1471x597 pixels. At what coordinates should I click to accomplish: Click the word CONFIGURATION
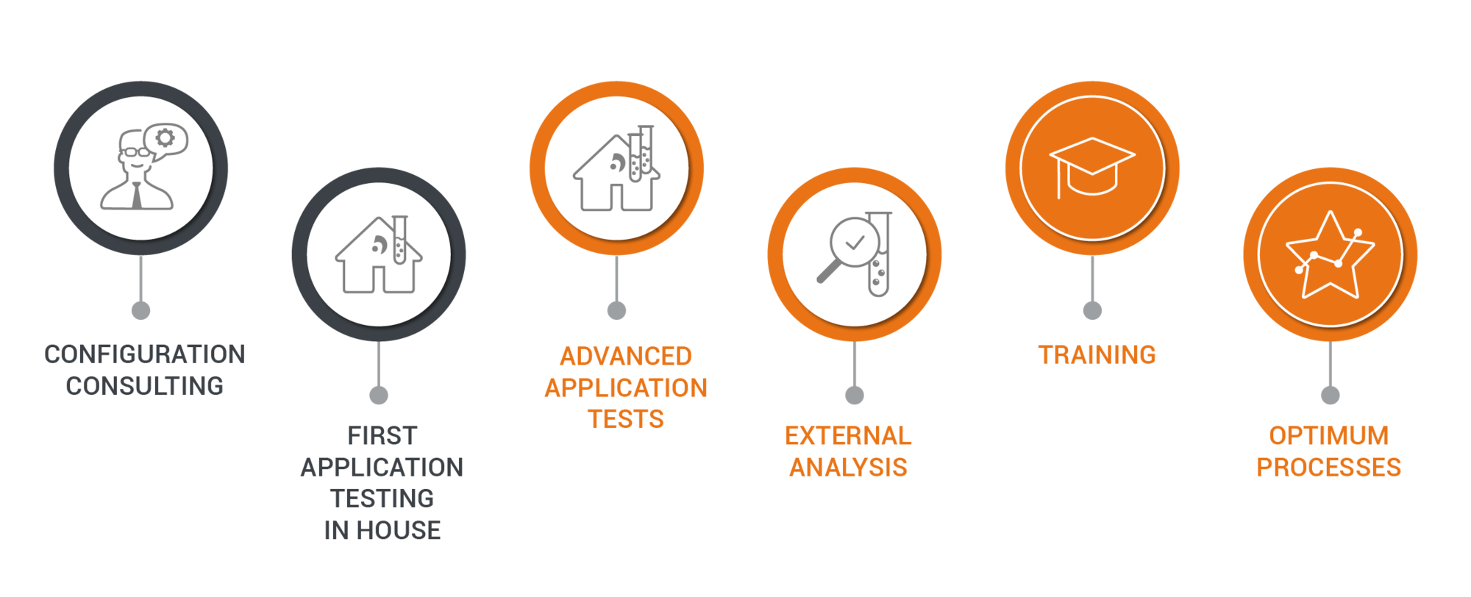coord(145,354)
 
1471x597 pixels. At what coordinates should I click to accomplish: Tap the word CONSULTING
coord(145,386)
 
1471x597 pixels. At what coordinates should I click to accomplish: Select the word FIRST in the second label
coord(382,436)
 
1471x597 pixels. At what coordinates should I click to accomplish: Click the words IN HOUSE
coord(382,530)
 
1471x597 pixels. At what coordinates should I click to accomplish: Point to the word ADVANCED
coord(626,357)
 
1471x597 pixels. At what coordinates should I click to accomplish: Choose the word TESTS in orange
coord(626,419)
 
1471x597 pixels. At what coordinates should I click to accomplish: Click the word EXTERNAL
coord(848,436)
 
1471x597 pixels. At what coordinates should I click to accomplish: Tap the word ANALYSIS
coord(848,468)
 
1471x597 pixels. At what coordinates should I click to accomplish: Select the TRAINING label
coord(1097,355)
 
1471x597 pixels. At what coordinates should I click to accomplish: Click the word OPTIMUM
coord(1329,436)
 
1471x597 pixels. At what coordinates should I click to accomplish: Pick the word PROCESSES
coord(1329,468)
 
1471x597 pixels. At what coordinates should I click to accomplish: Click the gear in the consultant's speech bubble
coord(165,137)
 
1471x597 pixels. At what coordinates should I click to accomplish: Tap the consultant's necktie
coord(137,196)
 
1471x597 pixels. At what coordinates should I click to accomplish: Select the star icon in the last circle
coord(1329,255)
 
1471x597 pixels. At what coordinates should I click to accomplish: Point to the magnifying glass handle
coord(828,271)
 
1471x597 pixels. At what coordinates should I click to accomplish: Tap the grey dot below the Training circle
coord(1092,310)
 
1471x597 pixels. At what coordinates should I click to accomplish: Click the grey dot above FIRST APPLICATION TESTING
coord(379,396)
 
